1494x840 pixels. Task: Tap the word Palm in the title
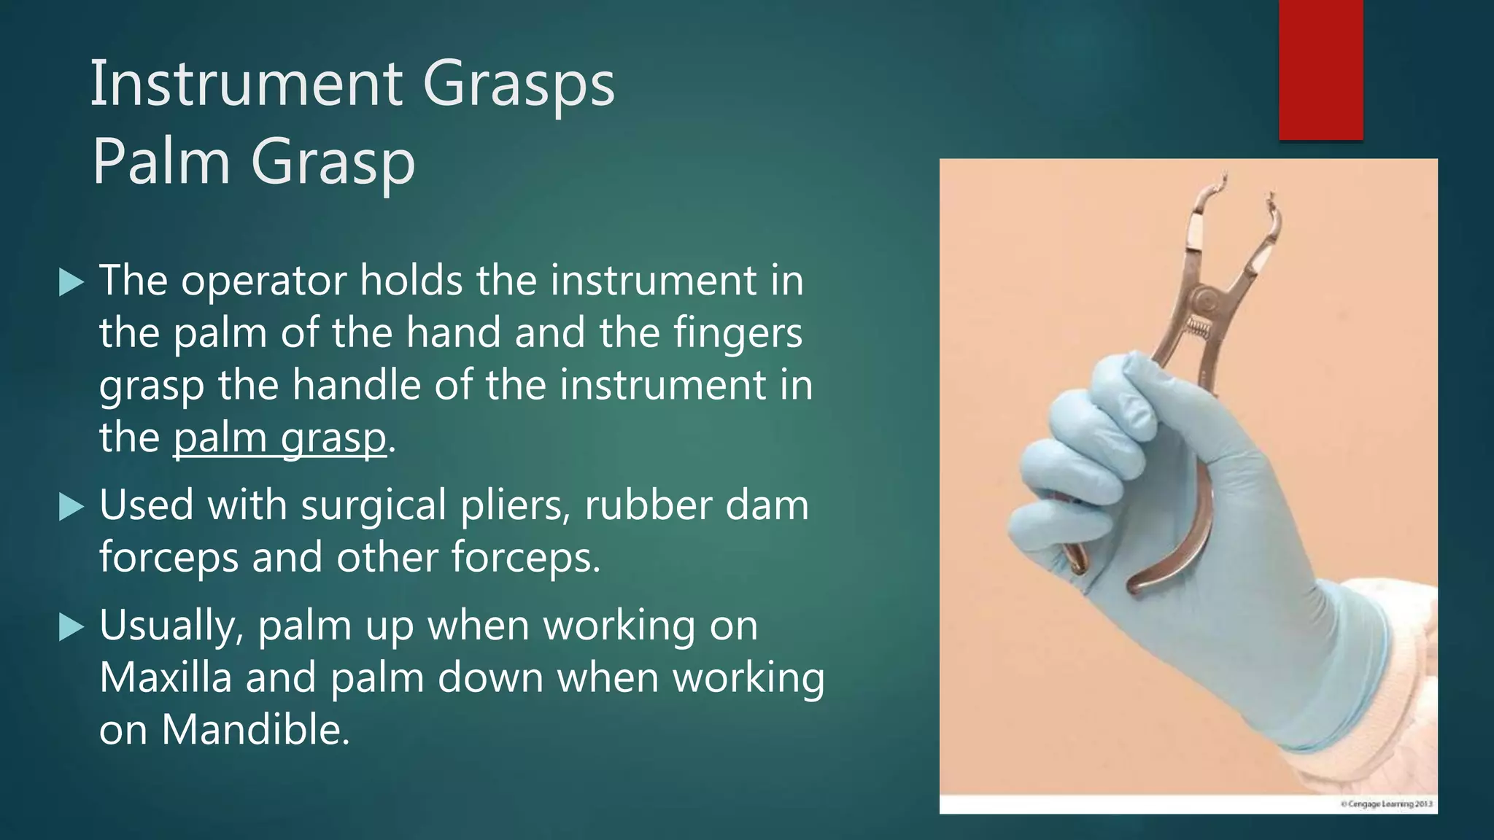coord(161,162)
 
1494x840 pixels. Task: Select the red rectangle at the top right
coord(1320,69)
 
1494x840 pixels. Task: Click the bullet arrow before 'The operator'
coord(71,281)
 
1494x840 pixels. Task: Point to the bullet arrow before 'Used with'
coord(71,506)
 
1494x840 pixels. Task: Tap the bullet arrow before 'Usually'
coord(71,626)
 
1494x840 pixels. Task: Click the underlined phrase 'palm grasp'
coord(279,438)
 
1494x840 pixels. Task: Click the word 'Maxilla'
coord(165,677)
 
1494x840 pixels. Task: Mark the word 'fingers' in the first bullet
coord(737,334)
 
